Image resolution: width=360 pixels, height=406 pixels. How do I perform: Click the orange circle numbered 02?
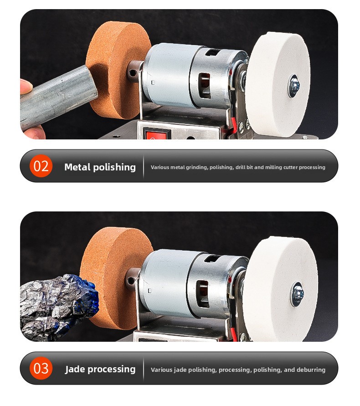pos(41,166)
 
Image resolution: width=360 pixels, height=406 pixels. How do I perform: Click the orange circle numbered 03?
pos(41,368)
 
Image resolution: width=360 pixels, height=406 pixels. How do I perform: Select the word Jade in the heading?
pos(75,369)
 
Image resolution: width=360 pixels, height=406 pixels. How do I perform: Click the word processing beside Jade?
pos(112,370)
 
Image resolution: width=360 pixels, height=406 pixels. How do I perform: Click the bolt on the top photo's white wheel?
pos(294,86)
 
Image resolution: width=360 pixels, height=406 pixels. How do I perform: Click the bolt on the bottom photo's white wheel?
pos(298,294)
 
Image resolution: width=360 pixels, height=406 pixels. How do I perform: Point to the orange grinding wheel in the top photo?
pos(118,70)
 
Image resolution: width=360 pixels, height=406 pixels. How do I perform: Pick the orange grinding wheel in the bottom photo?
pos(115,278)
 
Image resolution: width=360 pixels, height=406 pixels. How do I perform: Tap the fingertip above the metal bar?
pos(26,87)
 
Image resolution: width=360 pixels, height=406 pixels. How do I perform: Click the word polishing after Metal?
pos(114,167)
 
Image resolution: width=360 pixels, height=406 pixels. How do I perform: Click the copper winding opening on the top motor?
pos(205,86)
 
